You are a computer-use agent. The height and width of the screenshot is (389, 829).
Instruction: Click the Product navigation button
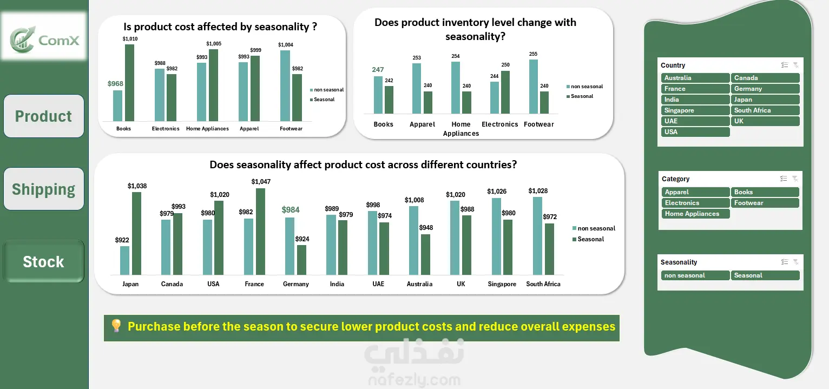(x=44, y=116)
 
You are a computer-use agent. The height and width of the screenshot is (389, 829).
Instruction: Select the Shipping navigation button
(x=44, y=189)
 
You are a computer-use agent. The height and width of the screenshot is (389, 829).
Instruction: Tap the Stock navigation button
(x=44, y=262)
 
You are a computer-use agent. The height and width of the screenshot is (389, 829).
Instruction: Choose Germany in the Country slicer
(x=765, y=89)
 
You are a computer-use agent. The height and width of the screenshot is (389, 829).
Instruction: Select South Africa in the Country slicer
(x=765, y=110)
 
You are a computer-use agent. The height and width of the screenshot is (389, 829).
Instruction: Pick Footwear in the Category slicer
(x=765, y=203)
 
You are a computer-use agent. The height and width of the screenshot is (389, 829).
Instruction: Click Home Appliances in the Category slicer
(x=695, y=214)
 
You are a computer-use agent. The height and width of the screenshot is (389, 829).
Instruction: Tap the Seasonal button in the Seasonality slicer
(x=765, y=275)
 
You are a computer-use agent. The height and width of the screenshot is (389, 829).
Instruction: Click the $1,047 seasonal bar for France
(x=260, y=232)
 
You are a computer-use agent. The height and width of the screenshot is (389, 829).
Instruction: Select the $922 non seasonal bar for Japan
(x=125, y=260)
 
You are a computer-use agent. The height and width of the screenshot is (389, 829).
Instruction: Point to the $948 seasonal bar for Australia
(x=426, y=254)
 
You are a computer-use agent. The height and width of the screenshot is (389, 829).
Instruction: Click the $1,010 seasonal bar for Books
(x=129, y=83)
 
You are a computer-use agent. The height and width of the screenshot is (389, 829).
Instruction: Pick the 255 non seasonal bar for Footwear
(x=533, y=87)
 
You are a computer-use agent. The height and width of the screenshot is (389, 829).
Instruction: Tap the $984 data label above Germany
(x=291, y=210)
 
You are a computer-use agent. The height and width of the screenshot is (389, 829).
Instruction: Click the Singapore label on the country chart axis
(x=502, y=284)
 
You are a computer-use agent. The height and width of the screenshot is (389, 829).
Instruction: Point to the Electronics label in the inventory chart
(x=499, y=124)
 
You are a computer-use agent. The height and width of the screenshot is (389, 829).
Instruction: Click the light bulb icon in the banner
(x=116, y=326)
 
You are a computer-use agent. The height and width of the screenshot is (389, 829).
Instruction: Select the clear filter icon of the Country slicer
(x=795, y=65)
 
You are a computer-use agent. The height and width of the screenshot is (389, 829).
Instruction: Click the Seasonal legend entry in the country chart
(x=590, y=239)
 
